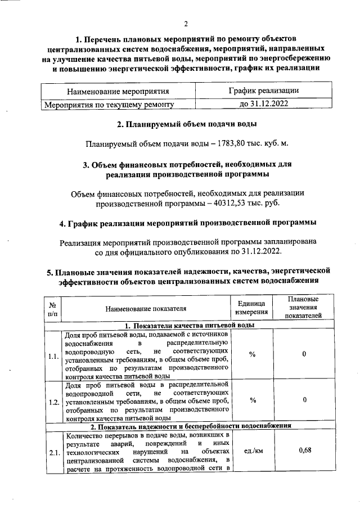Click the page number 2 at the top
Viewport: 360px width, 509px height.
(186, 24)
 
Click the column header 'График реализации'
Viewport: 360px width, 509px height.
(263, 91)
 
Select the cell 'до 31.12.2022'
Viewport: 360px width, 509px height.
(263, 104)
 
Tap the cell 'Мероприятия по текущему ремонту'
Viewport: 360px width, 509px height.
(109, 104)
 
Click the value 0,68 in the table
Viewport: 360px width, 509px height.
(305, 451)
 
